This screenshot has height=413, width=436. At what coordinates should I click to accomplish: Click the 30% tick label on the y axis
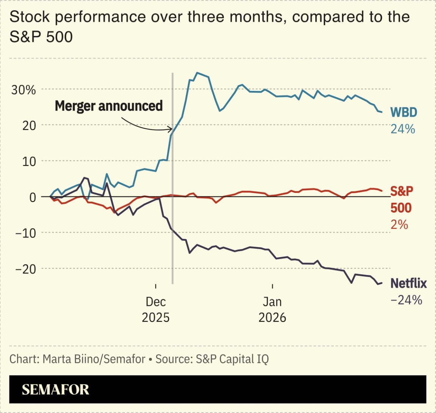coord(23,90)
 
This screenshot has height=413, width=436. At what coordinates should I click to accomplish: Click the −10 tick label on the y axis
coord(25,233)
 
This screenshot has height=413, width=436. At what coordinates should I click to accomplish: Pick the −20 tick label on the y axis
coord(25,269)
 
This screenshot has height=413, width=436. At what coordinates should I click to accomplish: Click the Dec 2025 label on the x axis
coord(156,309)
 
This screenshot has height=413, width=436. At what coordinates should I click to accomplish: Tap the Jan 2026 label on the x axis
coord(272,309)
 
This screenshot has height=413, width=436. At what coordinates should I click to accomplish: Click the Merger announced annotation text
coord(109,106)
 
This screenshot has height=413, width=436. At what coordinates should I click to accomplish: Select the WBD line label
coord(403,112)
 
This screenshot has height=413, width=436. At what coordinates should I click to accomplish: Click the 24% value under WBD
coord(403,129)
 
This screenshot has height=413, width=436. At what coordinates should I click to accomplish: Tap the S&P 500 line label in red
coord(401,199)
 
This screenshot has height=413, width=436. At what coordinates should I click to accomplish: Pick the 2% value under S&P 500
coord(399,225)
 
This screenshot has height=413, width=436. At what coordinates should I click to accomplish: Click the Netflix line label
coord(408,283)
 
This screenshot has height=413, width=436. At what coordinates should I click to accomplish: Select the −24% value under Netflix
coord(406,300)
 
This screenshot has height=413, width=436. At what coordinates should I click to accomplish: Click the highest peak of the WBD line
coord(197,73)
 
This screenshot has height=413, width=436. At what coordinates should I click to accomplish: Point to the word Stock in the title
coord(28,17)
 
